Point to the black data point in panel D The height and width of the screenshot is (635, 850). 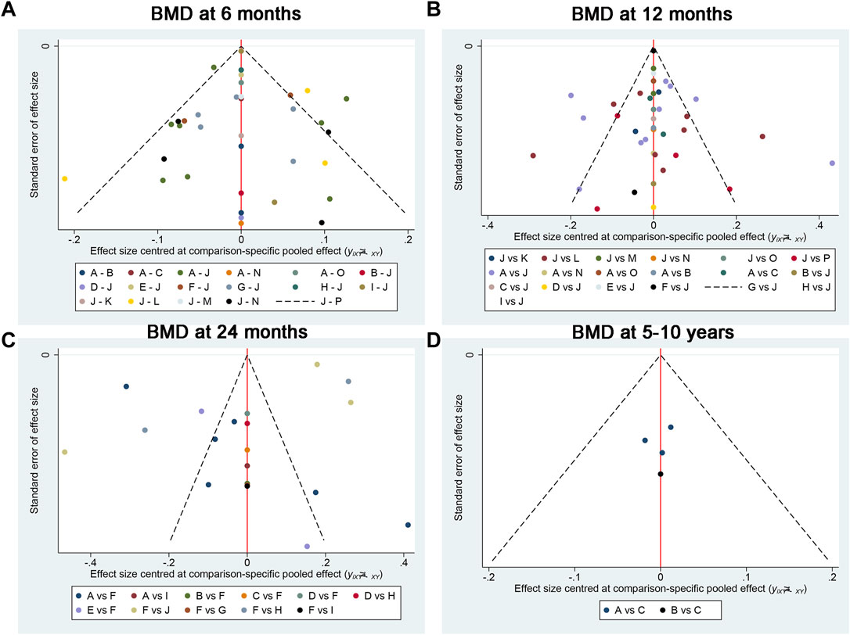661,474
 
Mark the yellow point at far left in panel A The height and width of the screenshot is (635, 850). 64,179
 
